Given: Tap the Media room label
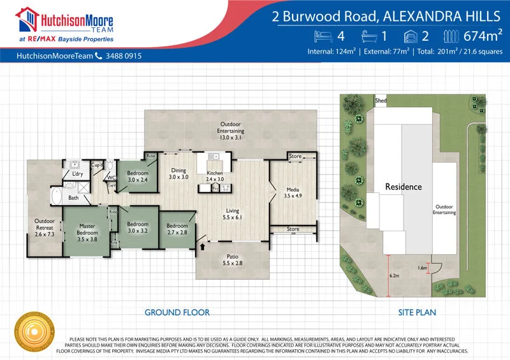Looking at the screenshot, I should (293, 193).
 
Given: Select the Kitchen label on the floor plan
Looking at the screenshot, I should (215, 176).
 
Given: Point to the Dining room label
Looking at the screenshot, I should (178, 173).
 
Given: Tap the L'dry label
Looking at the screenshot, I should (78, 174).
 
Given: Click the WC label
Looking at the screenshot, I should (111, 178).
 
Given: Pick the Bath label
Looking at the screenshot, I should (74, 198).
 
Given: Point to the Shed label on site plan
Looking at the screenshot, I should (381, 101).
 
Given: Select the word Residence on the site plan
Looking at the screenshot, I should (404, 187).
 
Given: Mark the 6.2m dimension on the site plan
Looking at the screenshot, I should (393, 275).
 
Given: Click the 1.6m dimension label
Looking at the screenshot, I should (422, 268).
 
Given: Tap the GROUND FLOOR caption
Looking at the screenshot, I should (177, 312).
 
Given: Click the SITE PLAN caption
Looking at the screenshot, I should (417, 312).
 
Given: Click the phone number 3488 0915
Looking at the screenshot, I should (124, 56).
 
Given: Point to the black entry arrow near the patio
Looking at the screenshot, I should (203, 245).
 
